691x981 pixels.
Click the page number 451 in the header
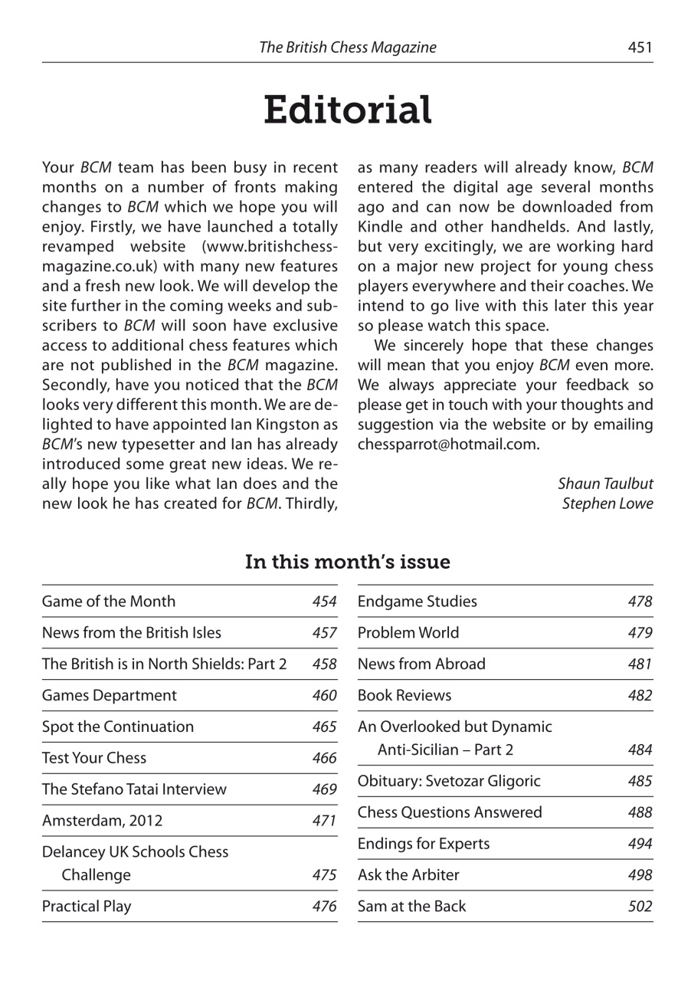(x=640, y=48)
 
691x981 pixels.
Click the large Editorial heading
(x=347, y=111)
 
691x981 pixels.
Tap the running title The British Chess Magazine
(x=347, y=48)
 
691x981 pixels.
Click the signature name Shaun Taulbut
(x=605, y=484)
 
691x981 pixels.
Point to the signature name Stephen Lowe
(x=607, y=504)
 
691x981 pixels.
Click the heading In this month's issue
(x=347, y=563)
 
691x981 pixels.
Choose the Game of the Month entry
(x=109, y=602)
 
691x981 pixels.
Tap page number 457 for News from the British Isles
(x=325, y=633)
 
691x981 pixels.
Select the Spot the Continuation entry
(x=118, y=727)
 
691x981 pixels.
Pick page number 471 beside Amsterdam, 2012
(x=325, y=821)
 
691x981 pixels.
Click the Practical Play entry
(x=87, y=907)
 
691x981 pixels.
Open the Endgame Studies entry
(x=417, y=602)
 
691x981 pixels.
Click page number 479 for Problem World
(x=640, y=633)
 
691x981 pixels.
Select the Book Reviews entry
(x=404, y=695)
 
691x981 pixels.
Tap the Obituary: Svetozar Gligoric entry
(x=449, y=781)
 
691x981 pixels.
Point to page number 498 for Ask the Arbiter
(x=640, y=875)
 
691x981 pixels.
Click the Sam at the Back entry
(x=411, y=907)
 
